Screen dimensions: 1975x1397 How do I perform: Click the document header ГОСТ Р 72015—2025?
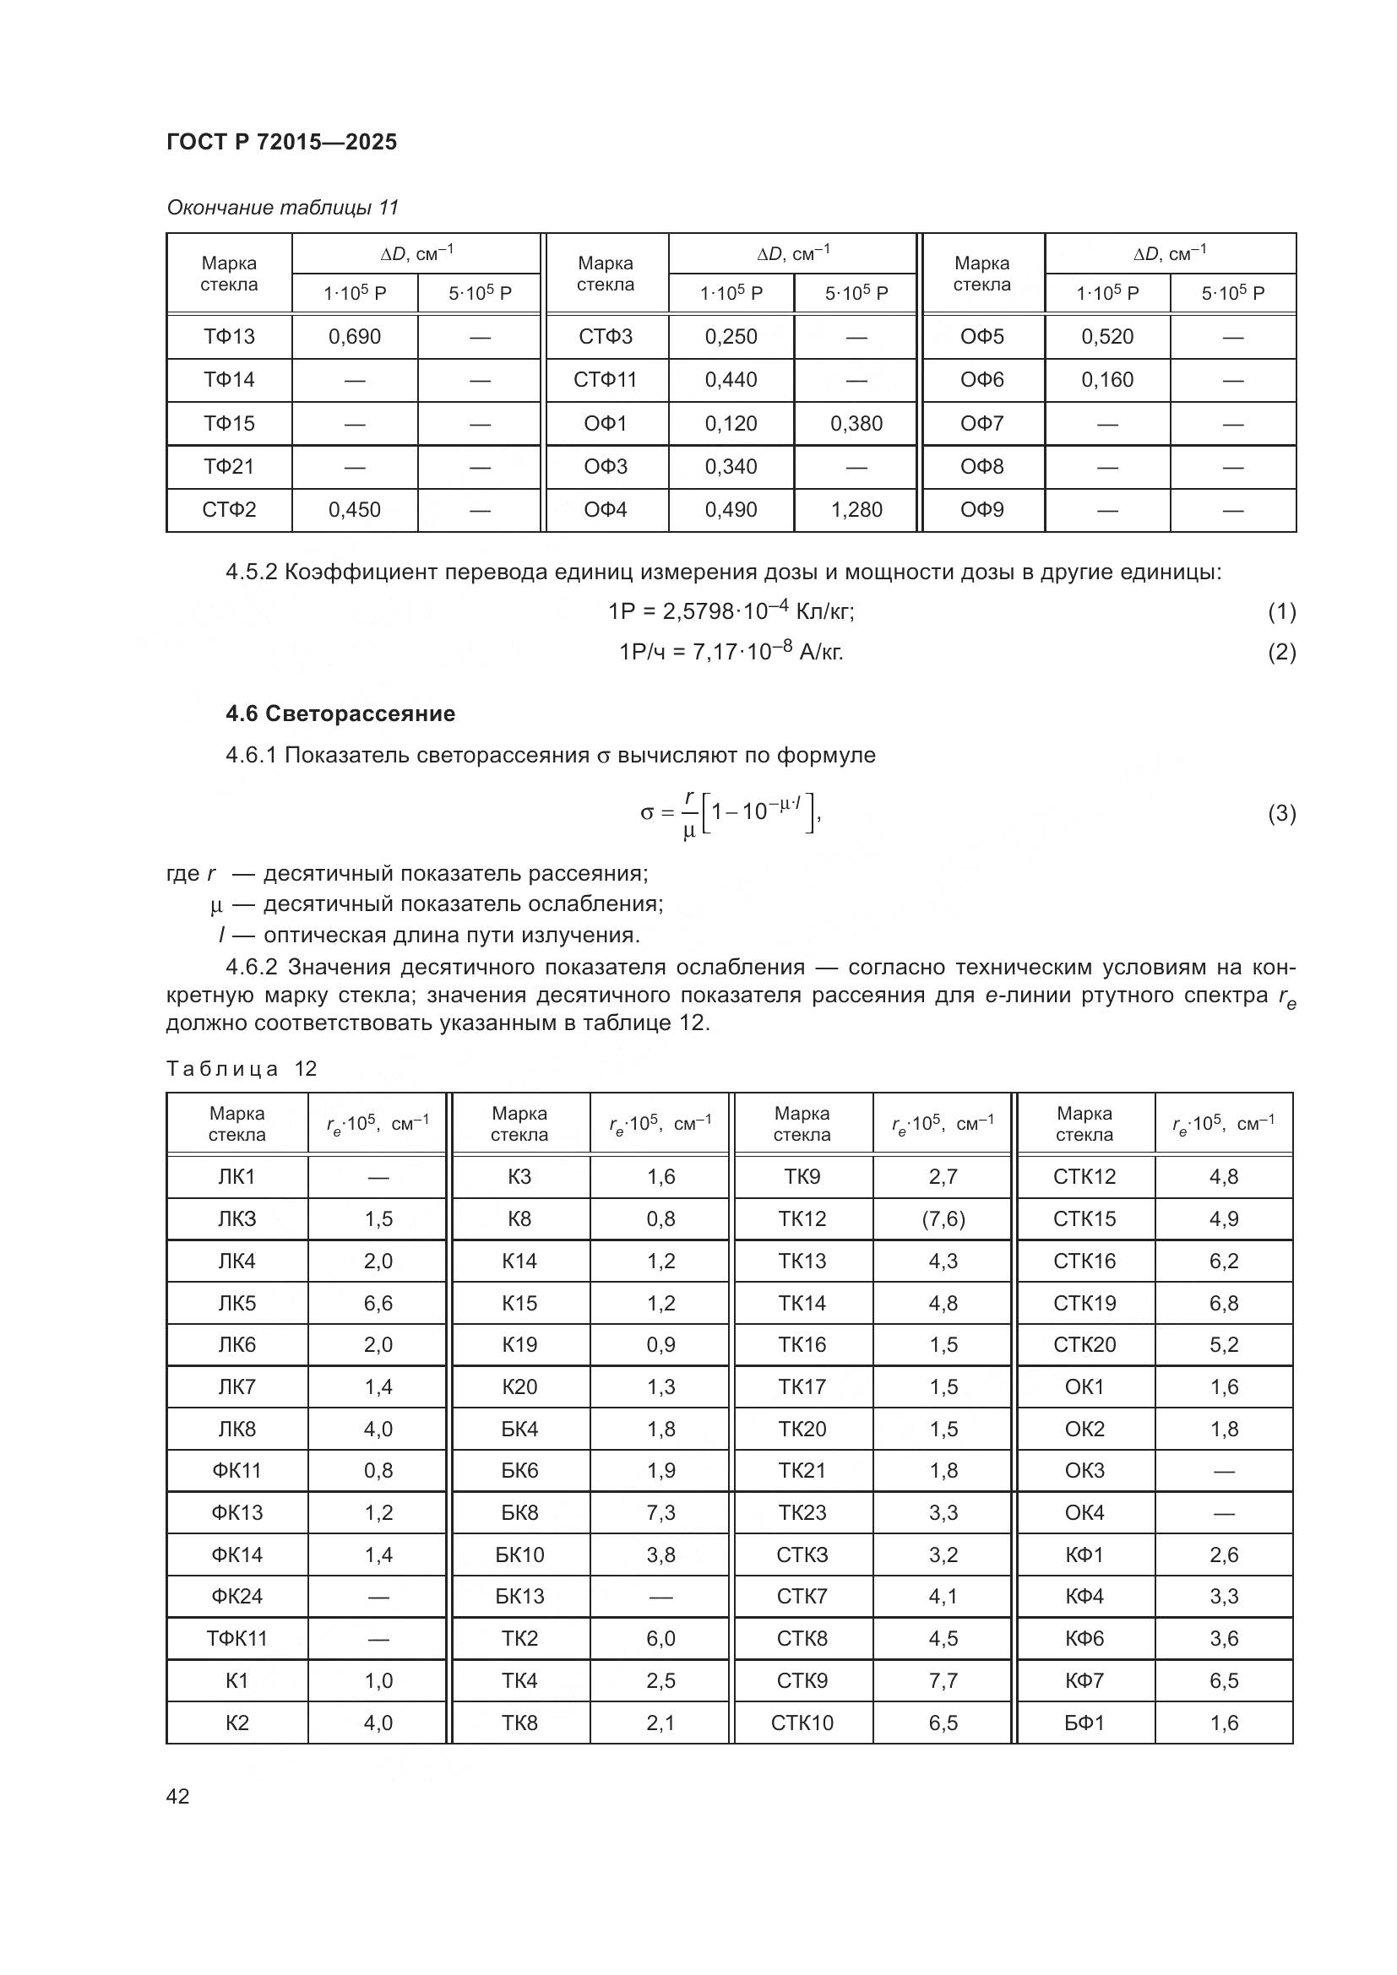[x=281, y=142]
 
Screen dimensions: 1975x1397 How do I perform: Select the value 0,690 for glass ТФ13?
[x=355, y=336]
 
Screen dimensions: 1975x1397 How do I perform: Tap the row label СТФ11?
[x=605, y=379]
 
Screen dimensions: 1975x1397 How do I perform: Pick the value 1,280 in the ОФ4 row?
[x=856, y=509]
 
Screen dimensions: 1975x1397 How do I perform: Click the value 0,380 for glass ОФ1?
[x=856, y=423]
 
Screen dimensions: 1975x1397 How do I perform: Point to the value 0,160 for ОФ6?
[x=1107, y=379]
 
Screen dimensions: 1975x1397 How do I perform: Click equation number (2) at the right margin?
[x=1281, y=652]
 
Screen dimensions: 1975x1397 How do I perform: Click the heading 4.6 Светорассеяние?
[x=340, y=713]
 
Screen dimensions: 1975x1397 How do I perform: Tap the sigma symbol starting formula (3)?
[x=647, y=813]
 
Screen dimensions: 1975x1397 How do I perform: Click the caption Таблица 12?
[x=242, y=1068]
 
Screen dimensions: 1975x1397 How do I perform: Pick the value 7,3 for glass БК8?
[x=660, y=1512]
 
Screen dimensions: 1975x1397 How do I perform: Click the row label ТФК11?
[x=236, y=1638]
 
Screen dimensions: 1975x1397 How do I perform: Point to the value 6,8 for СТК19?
[x=1223, y=1303]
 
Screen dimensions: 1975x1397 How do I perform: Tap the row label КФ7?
[x=1084, y=1680]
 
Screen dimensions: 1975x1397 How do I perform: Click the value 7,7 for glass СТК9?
[x=943, y=1680]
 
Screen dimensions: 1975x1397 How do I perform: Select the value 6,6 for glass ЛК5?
[x=378, y=1303]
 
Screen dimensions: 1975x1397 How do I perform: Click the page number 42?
[x=178, y=1796]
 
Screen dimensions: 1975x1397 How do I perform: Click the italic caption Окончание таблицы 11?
[x=282, y=208]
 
